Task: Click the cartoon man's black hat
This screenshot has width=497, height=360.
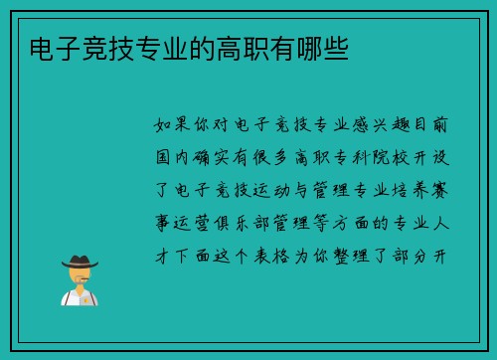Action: point(80,262)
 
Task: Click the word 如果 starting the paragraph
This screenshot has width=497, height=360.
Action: point(173,125)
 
